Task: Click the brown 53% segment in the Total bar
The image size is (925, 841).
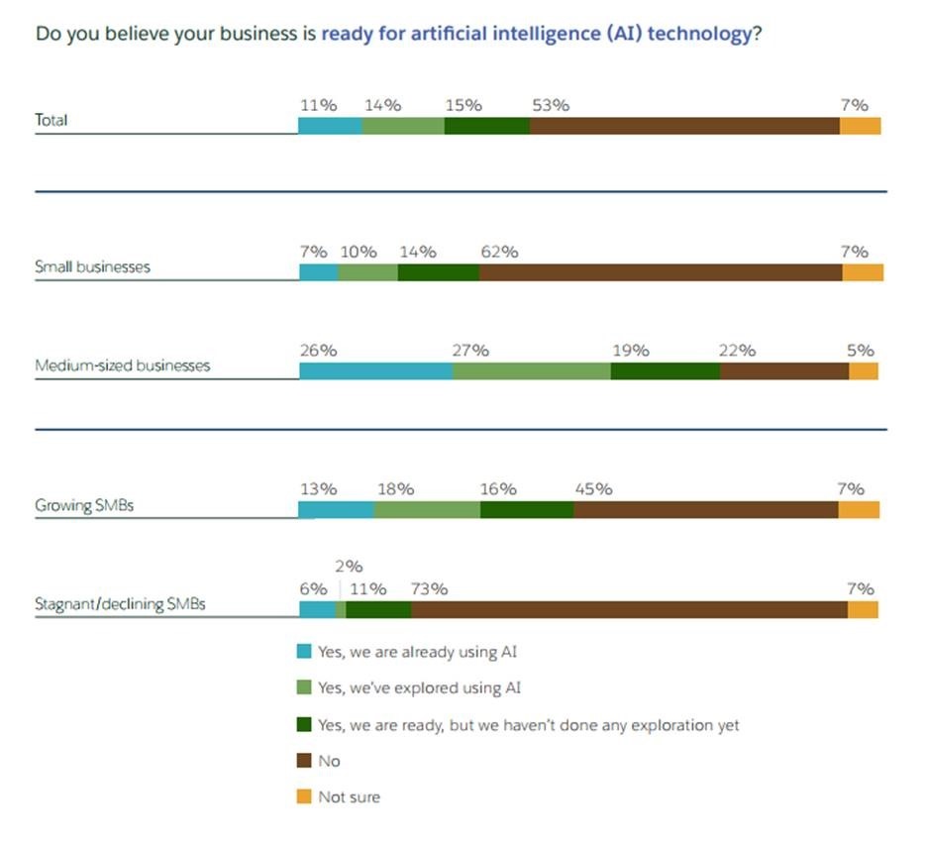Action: click(x=684, y=126)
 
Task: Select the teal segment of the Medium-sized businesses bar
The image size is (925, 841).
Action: click(x=376, y=371)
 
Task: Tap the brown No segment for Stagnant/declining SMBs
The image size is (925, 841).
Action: click(x=629, y=610)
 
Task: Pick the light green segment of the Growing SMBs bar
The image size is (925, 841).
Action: click(x=427, y=509)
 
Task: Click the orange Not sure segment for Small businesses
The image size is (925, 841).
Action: click(x=862, y=272)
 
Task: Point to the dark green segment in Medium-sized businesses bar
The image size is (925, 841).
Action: click(x=665, y=371)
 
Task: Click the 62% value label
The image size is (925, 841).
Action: click(x=499, y=252)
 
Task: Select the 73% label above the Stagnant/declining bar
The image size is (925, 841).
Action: click(x=429, y=588)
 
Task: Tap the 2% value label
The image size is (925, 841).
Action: click(x=350, y=567)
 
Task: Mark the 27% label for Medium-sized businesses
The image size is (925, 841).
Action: click(x=470, y=350)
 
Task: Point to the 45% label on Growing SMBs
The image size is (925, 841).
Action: click(x=593, y=488)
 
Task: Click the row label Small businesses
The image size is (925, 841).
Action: click(x=92, y=267)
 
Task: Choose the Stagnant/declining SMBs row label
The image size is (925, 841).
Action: click(x=120, y=603)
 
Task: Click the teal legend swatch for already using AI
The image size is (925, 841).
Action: click(x=304, y=652)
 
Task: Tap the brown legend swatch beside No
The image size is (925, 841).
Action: click(x=304, y=761)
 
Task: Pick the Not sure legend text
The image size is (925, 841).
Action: click(x=349, y=796)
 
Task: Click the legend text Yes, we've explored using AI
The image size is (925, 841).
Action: click(x=419, y=687)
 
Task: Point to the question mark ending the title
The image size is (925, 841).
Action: click(x=758, y=33)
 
